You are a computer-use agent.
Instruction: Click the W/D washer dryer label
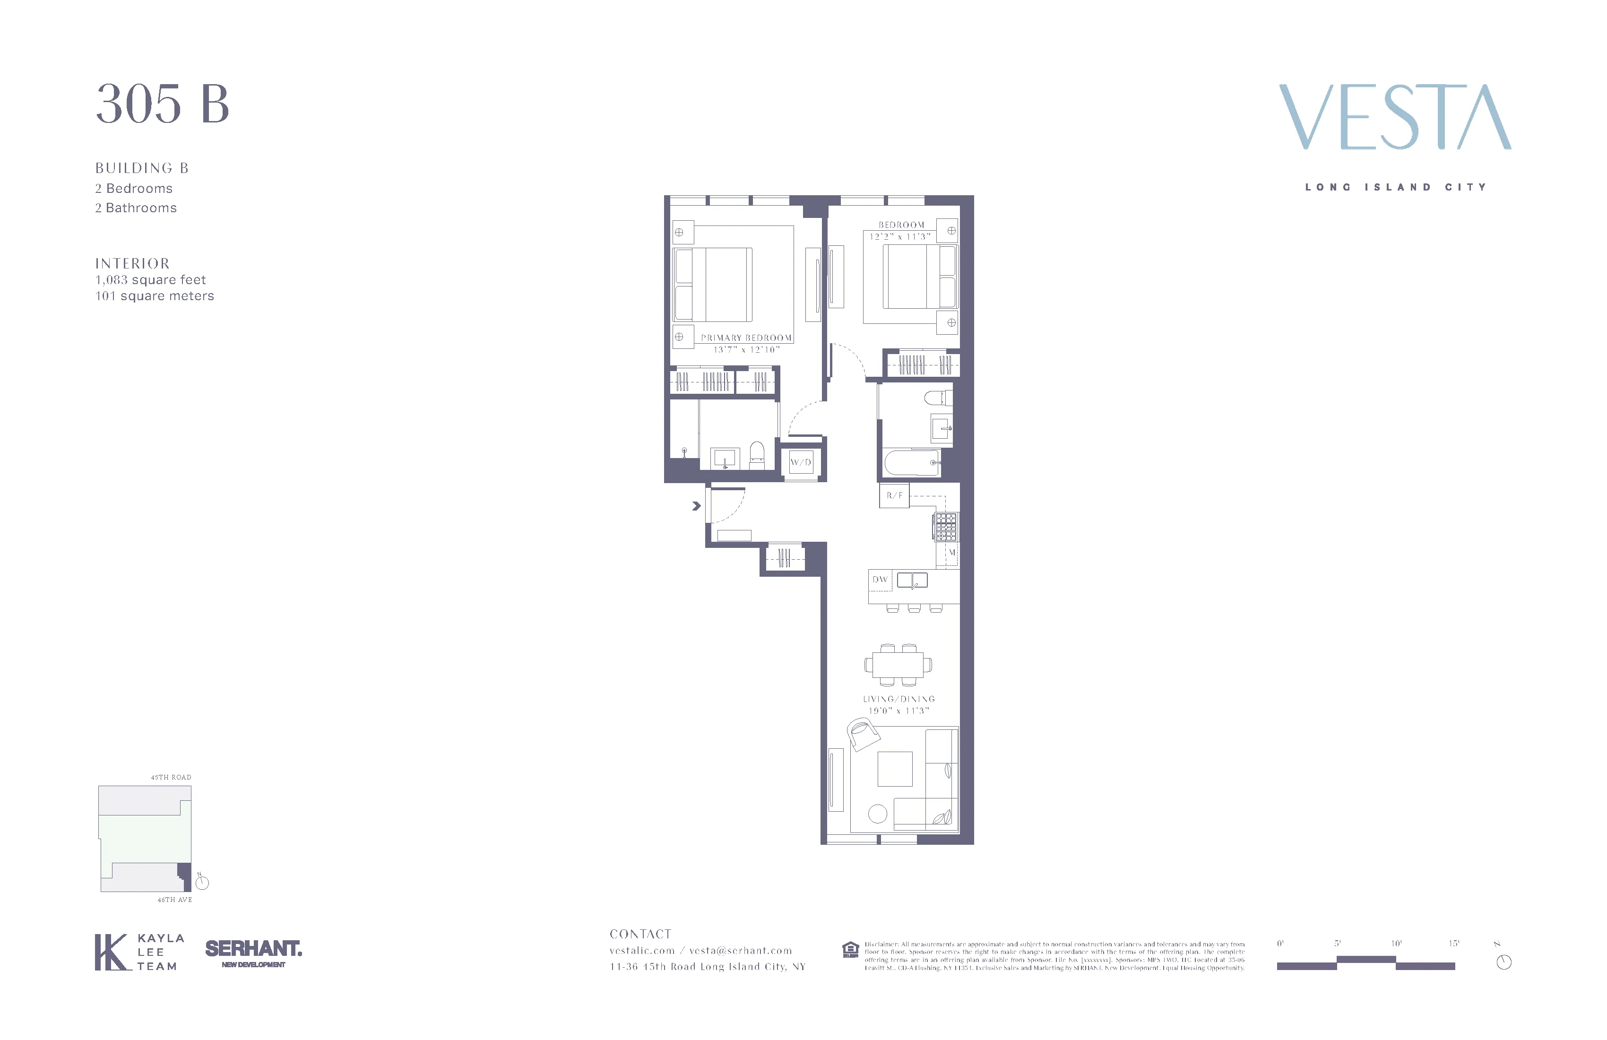(x=801, y=463)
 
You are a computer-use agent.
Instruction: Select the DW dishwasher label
(x=880, y=580)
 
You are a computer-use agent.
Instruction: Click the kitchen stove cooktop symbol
(x=945, y=527)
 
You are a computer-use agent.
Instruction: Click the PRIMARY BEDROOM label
(x=746, y=338)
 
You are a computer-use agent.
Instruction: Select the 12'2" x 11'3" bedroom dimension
(x=900, y=236)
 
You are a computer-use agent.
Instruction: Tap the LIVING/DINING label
(x=899, y=699)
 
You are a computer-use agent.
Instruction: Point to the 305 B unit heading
(x=163, y=104)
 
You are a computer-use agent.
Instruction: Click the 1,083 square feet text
(x=151, y=279)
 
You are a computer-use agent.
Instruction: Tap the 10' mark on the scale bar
(x=1396, y=944)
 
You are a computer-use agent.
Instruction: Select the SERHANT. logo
(x=253, y=949)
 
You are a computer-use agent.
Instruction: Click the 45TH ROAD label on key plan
(x=171, y=777)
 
